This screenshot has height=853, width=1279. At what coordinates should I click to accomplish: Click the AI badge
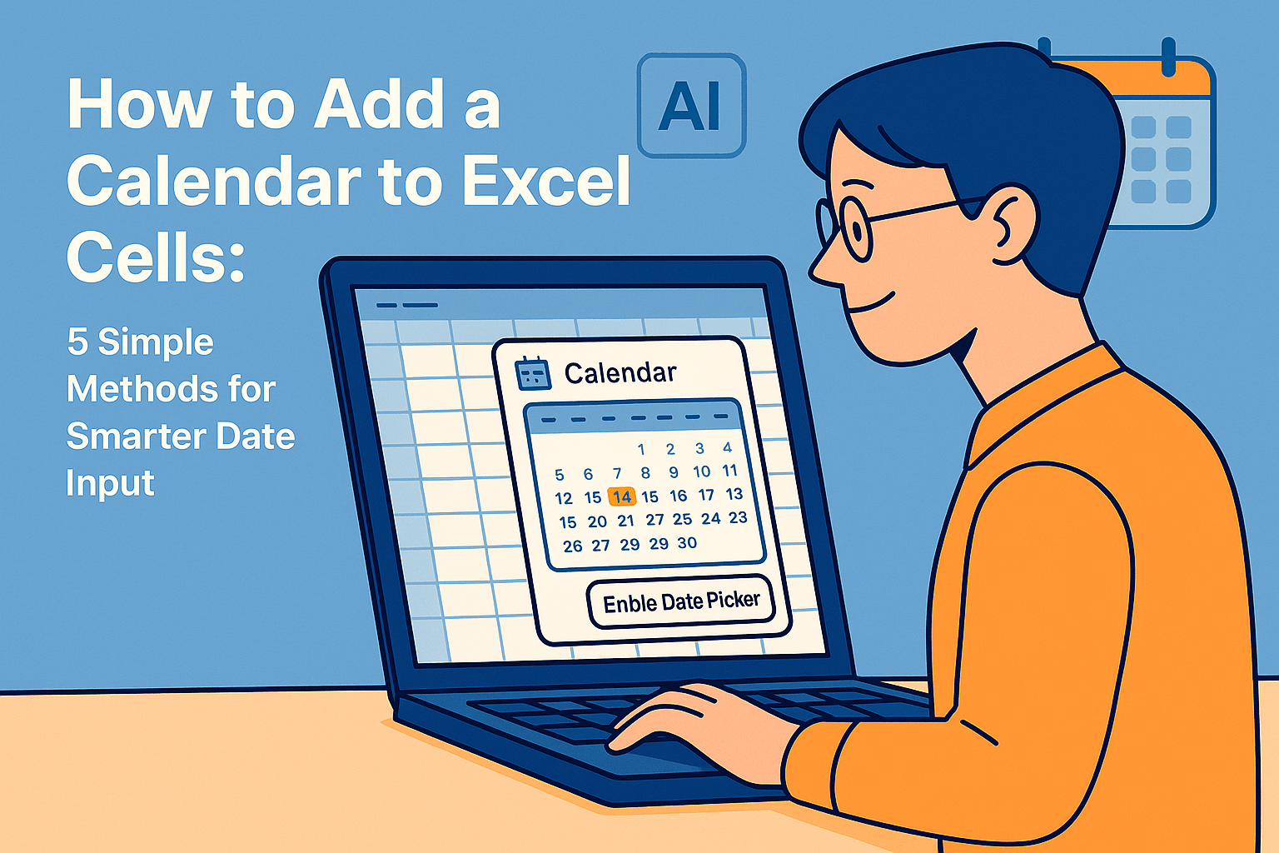(x=690, y=107)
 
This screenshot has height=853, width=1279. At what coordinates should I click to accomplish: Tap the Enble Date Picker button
(x=681, y=601)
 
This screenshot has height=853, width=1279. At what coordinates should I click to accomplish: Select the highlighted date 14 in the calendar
(x=621, y=497)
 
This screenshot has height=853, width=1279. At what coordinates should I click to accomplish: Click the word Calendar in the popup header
(x=620, y=372)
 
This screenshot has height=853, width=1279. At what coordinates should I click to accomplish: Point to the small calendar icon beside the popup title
(x=533, y=373)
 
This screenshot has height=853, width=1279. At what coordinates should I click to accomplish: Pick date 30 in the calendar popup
(x=687, y=542)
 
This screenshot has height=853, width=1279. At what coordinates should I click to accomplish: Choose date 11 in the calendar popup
(x=729, y=471)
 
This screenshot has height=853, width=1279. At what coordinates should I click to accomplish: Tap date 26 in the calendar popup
(x=572, y=546)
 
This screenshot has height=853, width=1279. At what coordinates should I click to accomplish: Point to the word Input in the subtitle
(x=110, y=483)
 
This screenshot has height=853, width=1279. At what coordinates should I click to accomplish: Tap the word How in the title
(x=138, y=105)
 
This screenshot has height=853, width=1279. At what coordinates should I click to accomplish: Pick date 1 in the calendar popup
(x=641, y=450)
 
